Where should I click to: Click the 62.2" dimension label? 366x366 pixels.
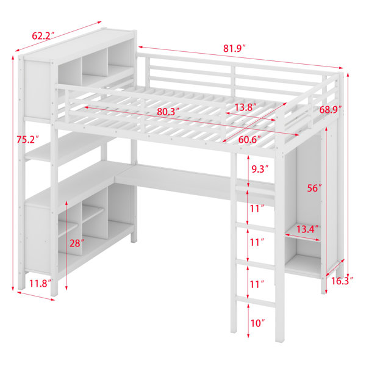43,35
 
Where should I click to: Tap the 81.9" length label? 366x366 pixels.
235,48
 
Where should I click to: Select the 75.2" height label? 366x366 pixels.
27,140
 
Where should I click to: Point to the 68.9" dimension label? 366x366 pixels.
331,109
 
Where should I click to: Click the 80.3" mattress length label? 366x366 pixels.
168,112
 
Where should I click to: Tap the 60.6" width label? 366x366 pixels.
249,140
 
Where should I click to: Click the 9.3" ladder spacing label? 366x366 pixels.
260,169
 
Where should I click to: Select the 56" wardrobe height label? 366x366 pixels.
314,188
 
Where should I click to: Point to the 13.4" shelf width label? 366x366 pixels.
307,229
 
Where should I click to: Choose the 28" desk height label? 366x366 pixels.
77,243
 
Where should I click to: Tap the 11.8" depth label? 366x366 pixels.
40,284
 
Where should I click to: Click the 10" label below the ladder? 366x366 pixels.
257,323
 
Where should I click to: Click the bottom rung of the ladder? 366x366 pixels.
255,301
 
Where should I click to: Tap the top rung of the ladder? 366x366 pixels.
255,190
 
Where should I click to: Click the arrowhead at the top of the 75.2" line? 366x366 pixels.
13,57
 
